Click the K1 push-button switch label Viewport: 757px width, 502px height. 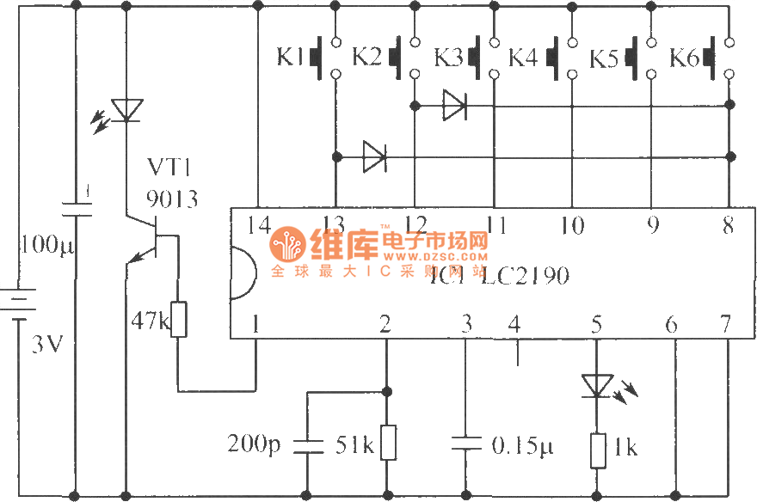pyautogui.click(x=291, y=58)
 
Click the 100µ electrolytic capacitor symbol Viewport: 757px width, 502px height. pyautogui.click(x=75, y=206)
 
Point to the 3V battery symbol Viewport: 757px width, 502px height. pyautogui.click(x=19, y=305)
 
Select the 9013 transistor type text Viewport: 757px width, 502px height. pyautogui.click(x=171, y=199)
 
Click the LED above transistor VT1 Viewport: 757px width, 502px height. pyautogui.click(x=126, y=110)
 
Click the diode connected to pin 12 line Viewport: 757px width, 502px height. pyautogui.click(x=453, y=106)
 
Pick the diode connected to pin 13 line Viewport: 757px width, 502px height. pyautogui.click(x=374, y=156)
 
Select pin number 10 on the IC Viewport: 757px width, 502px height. pyautogui.click(x=572, y=225)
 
